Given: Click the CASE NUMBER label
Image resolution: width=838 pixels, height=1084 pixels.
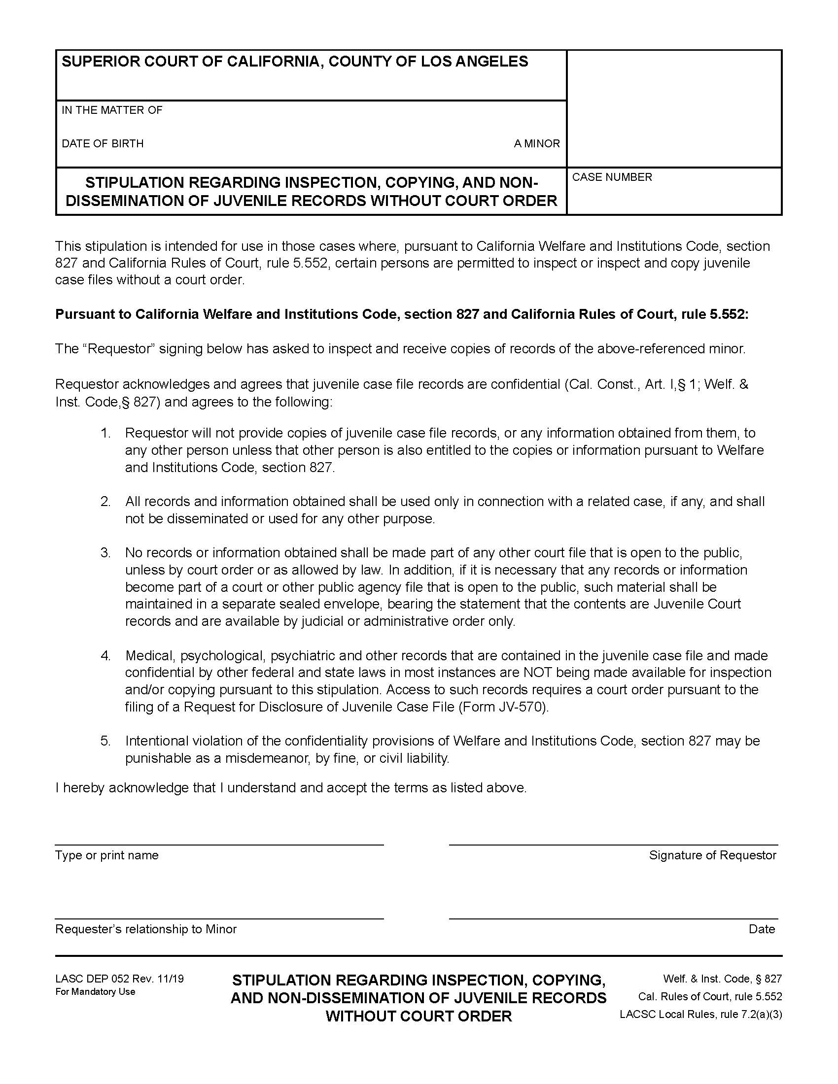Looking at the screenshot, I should coord(612,177).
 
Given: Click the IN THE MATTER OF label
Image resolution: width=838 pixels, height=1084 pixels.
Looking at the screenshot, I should coord(112,110).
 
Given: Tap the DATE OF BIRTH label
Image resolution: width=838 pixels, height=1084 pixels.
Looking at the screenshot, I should coord(102,144).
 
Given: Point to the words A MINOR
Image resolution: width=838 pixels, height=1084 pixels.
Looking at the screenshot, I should coord(537,144).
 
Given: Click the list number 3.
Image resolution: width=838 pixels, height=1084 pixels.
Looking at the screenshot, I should coord(105,552).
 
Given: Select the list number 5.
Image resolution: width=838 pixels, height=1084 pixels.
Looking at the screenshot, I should coord(105,741).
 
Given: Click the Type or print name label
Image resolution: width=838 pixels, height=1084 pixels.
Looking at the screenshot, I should coord(107,855).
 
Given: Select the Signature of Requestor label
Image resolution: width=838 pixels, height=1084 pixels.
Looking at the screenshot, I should coord(712,855).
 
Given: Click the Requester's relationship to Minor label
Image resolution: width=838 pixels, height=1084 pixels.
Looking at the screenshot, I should coord(145,929).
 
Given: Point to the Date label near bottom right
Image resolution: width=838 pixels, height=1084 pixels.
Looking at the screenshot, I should coord(762,929).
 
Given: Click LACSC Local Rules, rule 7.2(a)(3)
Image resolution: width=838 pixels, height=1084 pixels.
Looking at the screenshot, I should coord(700,1015).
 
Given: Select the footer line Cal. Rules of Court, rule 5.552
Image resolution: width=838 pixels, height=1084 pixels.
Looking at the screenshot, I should coord(710,997).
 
